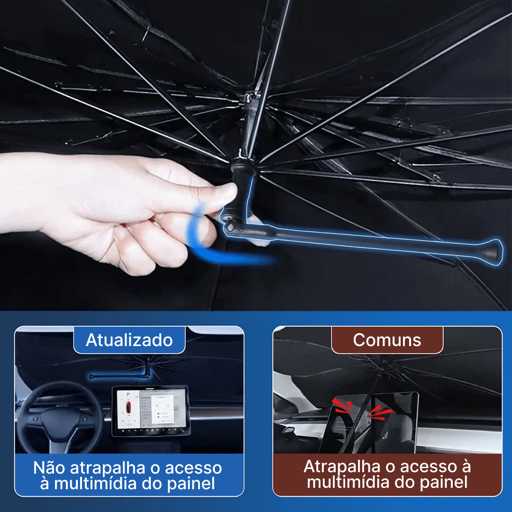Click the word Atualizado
click(x=129, y=340)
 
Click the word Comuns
click(x=387, y=340)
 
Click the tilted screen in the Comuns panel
click(x=369, y=422)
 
